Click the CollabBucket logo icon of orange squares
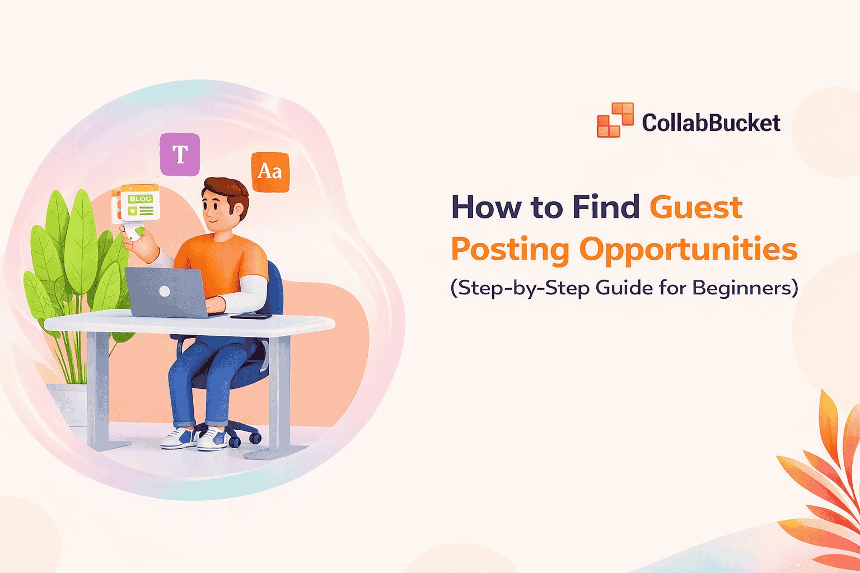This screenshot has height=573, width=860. point(615,120)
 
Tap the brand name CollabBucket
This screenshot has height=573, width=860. point(711,123)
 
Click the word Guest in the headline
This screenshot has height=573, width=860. point(695,208)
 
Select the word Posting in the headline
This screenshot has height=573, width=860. point(510,250)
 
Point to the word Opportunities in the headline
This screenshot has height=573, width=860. point(688,250)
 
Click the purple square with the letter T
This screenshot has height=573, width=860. point(180,154)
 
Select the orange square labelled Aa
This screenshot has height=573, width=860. point(270,171)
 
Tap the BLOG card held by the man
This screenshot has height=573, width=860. point(139,203)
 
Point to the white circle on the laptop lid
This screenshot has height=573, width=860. point(165,291)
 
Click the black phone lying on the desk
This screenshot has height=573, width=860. point(251,316)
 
